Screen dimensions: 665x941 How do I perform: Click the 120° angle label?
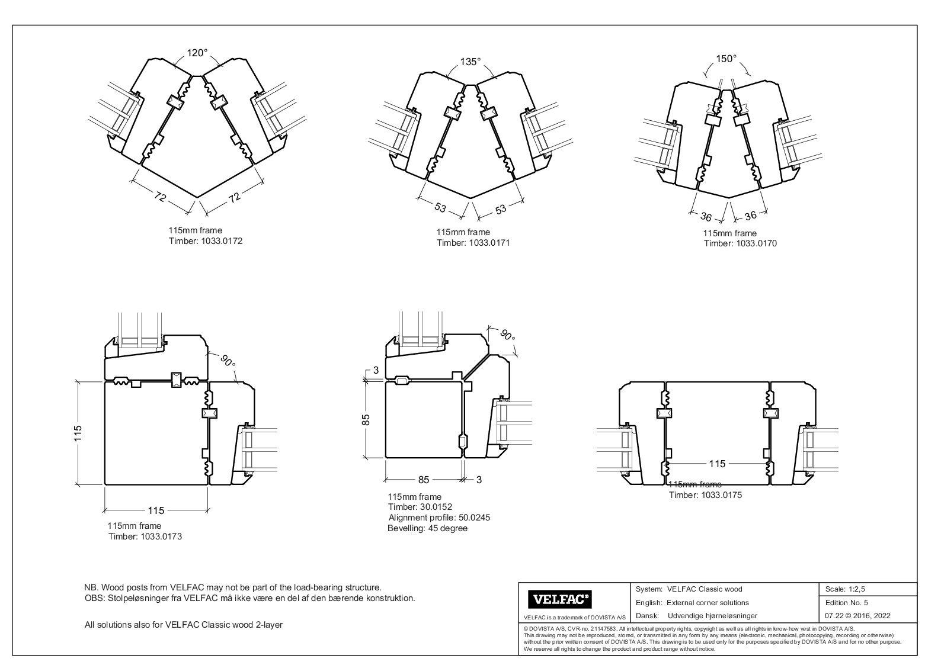197,53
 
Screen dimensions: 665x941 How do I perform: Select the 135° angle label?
470,62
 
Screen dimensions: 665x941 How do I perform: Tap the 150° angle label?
726,59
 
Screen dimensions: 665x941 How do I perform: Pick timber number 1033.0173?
161,537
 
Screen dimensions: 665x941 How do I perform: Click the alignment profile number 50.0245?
468,518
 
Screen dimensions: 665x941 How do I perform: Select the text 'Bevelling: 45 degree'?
427,528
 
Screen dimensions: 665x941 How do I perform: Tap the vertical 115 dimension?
78,433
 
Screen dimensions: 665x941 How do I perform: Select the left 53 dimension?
440,207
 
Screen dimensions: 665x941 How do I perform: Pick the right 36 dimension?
750,216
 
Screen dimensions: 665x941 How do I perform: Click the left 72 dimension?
160,197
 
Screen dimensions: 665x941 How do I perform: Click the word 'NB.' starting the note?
92,587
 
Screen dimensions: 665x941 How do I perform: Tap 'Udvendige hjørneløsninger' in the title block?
712,616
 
